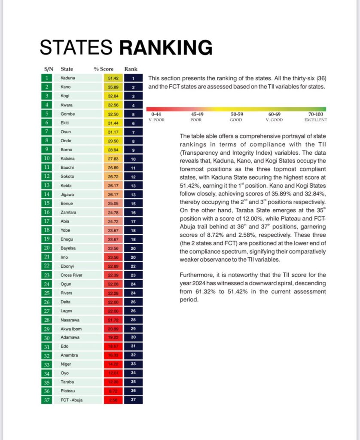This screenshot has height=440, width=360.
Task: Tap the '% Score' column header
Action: point(104,69)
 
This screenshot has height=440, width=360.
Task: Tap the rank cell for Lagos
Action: point(134,311)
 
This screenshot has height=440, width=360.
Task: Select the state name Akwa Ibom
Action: point(70,329)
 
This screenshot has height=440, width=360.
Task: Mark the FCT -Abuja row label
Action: point(72,400)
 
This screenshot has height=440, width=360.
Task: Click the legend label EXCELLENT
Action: point(316,120)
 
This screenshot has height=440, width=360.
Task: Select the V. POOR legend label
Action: point(158,120)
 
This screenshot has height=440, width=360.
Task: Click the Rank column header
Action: point(131,69)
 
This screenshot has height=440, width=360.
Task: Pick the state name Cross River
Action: point(71,275)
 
